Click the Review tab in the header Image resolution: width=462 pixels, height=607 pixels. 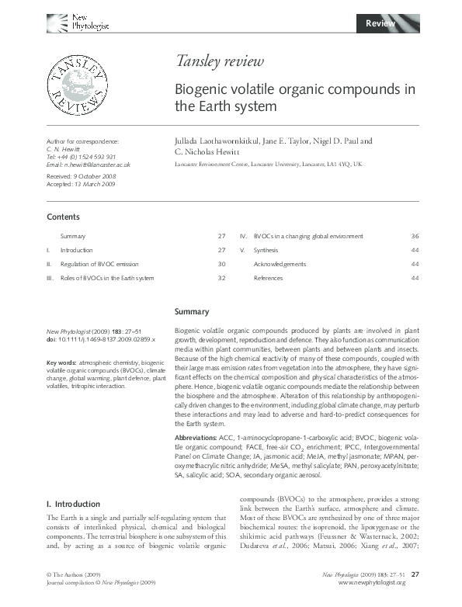click(x=380, y=24)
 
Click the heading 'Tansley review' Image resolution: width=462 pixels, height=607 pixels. click(x=220, y=62)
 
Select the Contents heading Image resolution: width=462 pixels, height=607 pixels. click(x=63, y=217)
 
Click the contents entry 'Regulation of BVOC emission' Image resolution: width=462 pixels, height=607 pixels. click(x=98, y=264)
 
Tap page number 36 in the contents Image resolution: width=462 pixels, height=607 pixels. click(x=415, y=236)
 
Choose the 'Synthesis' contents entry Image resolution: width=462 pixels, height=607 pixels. click(x=266, y=250)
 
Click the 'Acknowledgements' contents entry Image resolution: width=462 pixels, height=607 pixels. click(x=280, y=264)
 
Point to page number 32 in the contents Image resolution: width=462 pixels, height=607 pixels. click(x=221, y=278)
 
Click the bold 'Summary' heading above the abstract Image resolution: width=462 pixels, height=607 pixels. click(x=192, y=312)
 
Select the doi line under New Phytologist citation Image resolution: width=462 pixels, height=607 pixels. click(x=101, y=340)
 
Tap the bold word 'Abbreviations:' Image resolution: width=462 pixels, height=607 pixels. click(x=196, y=439)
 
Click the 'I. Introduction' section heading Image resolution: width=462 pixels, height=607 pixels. click(x=74, y=504)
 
